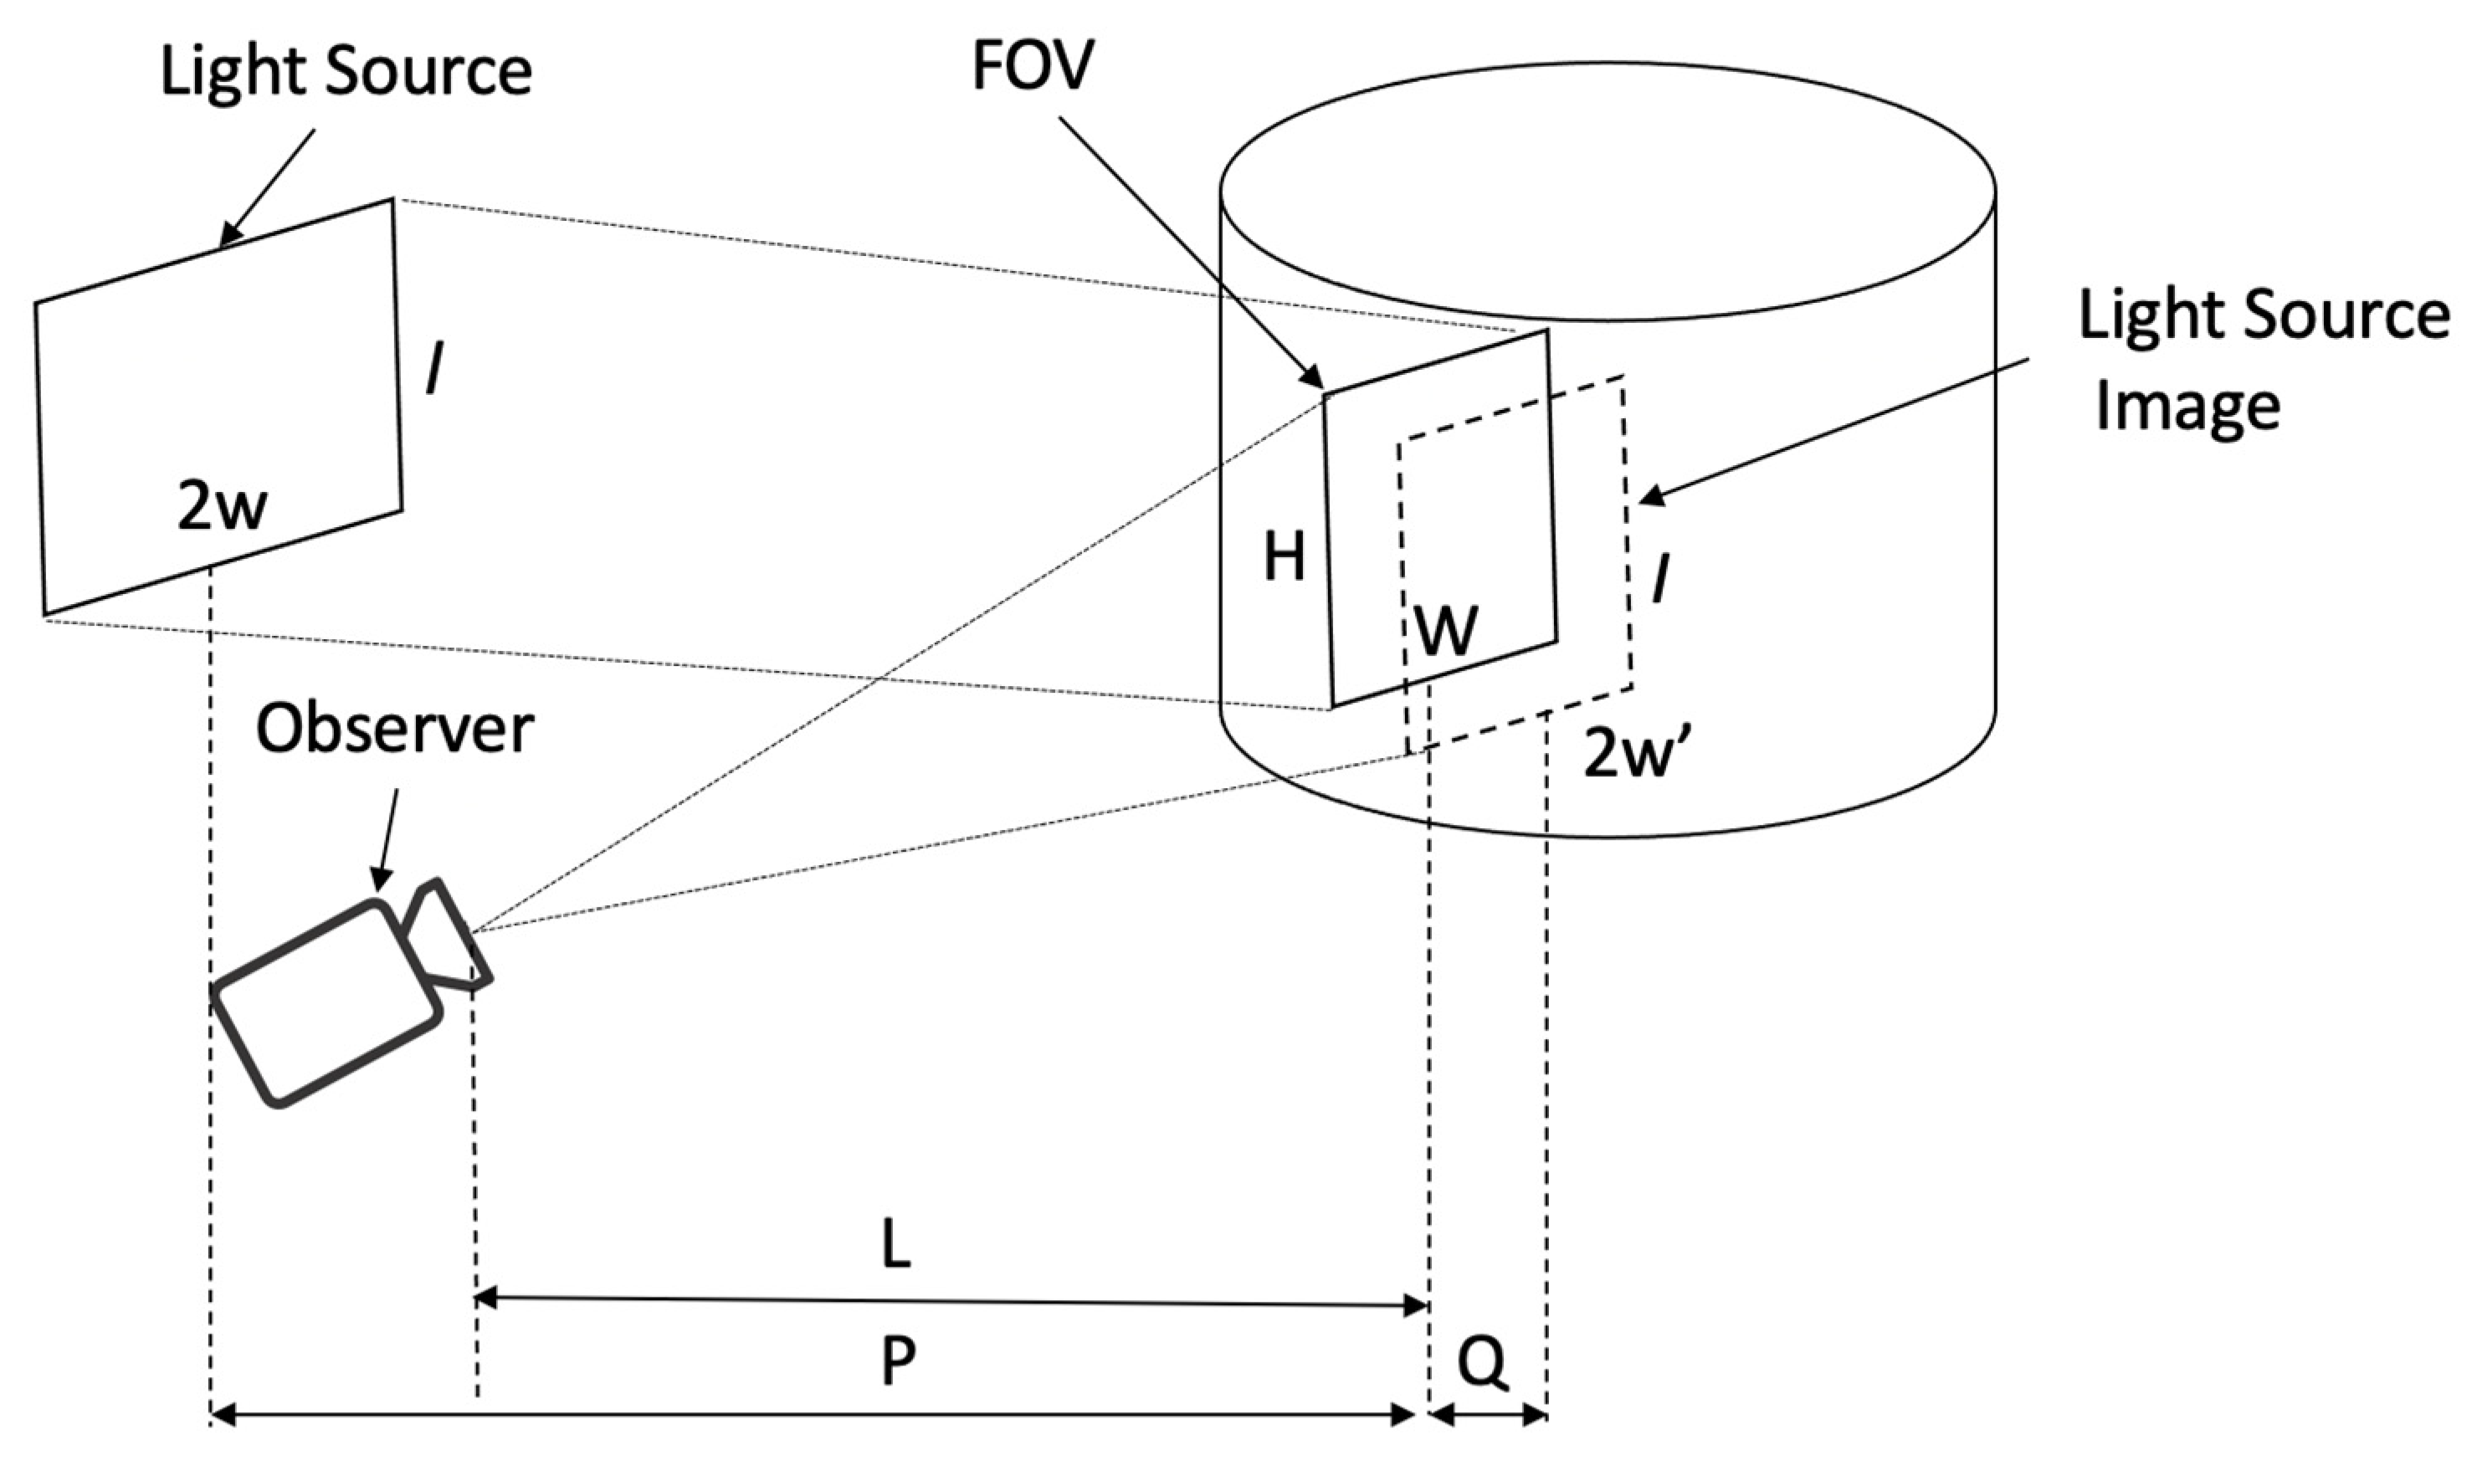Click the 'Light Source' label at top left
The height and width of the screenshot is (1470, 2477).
(x=346, y=72)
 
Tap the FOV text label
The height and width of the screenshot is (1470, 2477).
(x=1033, y=68)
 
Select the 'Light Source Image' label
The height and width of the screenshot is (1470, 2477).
(x=2263, y=361)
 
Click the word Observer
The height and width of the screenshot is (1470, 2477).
(x=394, y=730)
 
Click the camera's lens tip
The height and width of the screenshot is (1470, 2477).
(x=475, y=931)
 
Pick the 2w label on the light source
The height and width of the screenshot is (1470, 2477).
(x=222, y=507)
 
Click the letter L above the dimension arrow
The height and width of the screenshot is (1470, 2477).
(x=895, y=1249)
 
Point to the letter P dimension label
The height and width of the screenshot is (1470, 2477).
(x=897, y=1364)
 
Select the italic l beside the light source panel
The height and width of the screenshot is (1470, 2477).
(x=434, y=371)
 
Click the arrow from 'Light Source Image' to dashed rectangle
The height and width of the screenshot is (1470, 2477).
(x=1833, y=431)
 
